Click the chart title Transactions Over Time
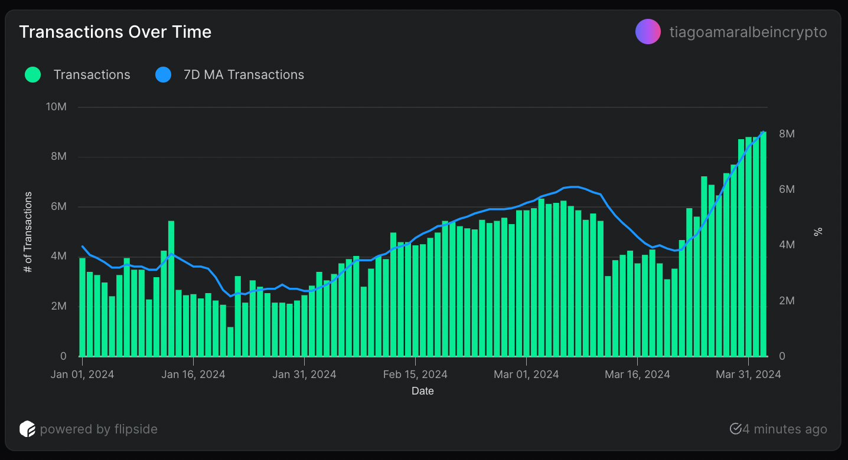click(115, 32)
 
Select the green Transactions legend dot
click(33, 75)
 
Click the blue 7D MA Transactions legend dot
click(163, 75)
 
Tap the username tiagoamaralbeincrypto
click(748, 32)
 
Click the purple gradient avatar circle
click(648, 32)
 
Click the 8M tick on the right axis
click(787, 134)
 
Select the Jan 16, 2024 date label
click(193, 374)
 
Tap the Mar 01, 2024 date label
click(526, 374)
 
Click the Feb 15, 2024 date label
click(415, 374)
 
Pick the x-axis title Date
click(423, 390)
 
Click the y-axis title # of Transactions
click(27, 232)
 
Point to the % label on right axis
click(818, 232)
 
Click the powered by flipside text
click(99, 429)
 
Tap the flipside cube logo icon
click(27, 429)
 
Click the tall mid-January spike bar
click(171, 289)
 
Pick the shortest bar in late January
click(230, 342)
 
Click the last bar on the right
click(763, 245)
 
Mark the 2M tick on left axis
click(58, 307)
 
